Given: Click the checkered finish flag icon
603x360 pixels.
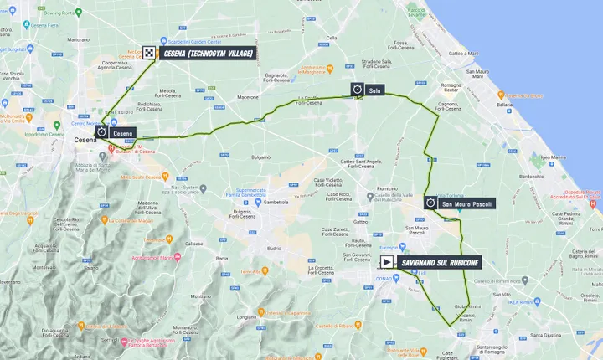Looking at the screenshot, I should (149, 53).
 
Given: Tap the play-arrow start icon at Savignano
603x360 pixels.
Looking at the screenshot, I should (386, 262).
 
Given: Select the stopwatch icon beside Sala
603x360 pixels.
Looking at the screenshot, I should (357, 88).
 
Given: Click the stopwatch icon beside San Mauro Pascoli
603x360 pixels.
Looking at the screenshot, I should (430, 203).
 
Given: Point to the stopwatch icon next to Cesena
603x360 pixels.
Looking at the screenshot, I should (101, 132).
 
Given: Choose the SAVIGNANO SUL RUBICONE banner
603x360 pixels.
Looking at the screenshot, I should (441, 262).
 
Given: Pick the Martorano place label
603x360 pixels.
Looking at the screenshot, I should (78, 39).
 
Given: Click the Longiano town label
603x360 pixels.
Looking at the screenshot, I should (246, 318).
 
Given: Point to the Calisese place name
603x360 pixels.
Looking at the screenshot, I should (194, 244).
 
